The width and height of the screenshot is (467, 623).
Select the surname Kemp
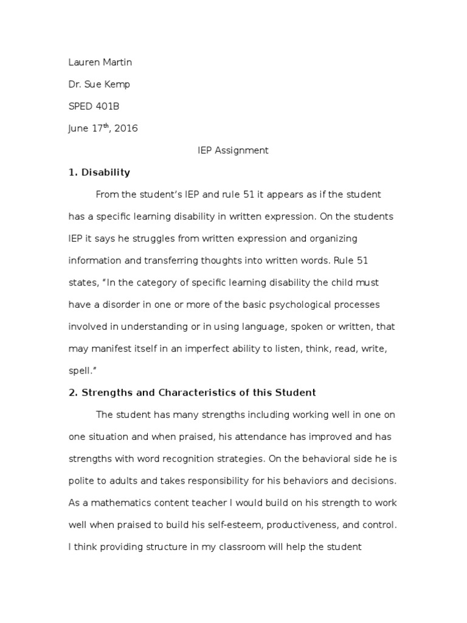click(117, 84)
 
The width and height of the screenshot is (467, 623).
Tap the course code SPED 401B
click(94, 106)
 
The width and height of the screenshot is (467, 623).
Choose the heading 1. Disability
click(99, 172)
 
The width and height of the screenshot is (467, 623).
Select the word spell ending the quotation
click(81, 371)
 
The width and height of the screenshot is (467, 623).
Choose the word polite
click(82, 481)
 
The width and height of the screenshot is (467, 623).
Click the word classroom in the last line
click(244, 546)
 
